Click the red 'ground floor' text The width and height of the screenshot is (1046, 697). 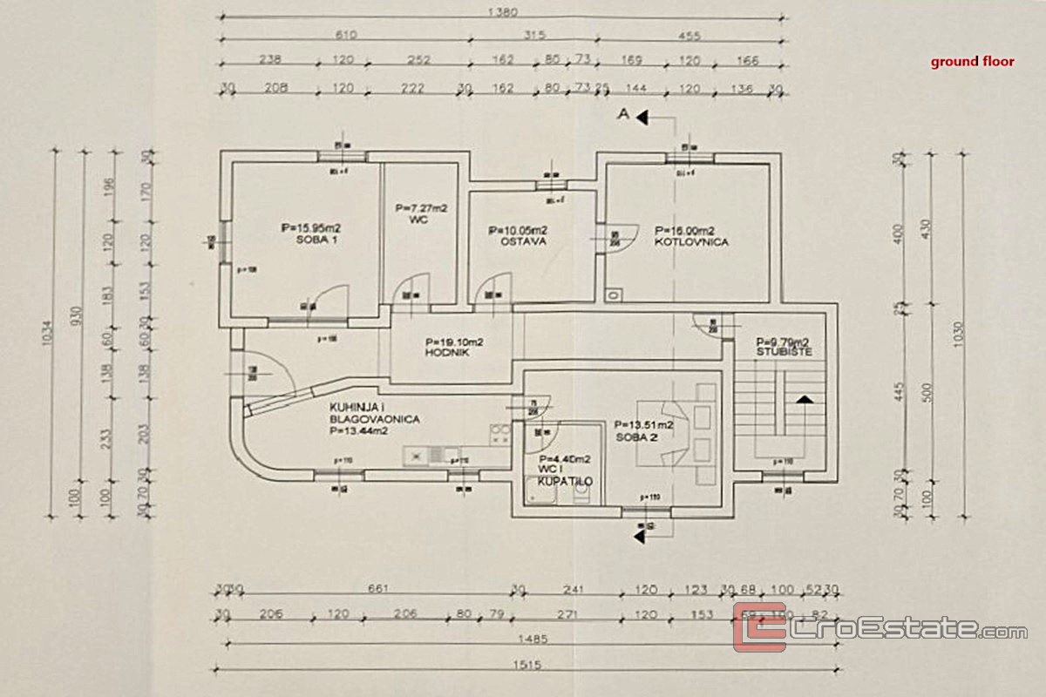(x=972, y=62)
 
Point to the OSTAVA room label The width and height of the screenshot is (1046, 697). (x=523, y=241)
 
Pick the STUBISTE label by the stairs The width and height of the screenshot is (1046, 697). (x=784, y=352)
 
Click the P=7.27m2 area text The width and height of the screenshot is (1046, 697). (x=421, y=208)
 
